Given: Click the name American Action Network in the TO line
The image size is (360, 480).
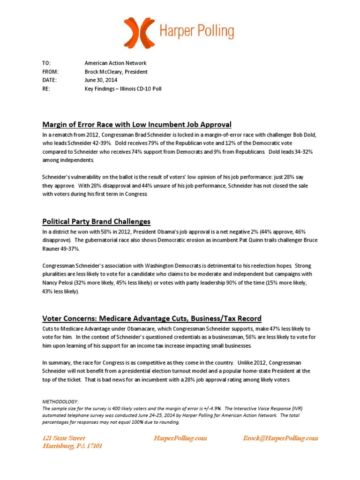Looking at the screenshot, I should (115, 63).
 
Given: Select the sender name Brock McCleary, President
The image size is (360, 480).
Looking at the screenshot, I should (116, 72).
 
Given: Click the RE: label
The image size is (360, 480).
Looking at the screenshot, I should (46, 89).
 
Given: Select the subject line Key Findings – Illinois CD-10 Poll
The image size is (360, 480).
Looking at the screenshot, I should (123, 89).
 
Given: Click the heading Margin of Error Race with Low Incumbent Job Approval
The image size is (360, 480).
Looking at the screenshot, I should (137, 124).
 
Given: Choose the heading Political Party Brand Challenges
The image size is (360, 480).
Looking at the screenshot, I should (96, 221).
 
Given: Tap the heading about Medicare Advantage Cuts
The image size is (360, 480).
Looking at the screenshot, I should (152, 318).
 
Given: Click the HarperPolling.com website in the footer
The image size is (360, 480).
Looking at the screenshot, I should (180, 438).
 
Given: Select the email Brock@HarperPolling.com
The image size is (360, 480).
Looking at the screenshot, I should (280, 438).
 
